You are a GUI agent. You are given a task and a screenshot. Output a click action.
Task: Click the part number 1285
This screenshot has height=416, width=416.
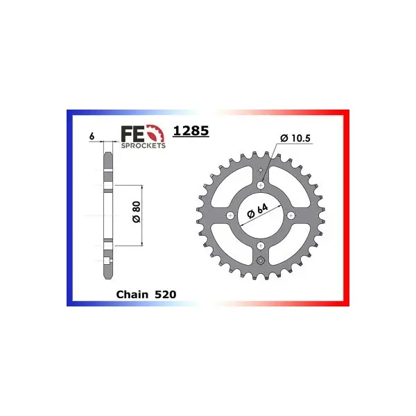tap(191, 131)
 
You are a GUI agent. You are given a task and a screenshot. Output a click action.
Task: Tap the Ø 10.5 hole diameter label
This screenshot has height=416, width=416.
tap(295, 138)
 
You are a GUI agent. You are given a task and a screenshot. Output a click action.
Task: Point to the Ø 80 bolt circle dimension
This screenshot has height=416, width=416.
tap(137, 212)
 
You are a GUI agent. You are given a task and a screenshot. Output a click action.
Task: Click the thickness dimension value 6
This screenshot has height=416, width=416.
tap(92, 137)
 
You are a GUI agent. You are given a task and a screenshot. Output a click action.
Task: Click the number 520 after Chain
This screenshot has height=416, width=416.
tap(165, 295)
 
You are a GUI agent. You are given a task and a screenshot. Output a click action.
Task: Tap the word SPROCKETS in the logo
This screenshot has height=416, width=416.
tap(144, 146)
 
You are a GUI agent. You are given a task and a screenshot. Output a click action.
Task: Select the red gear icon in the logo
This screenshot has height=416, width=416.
tap(157, 133)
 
